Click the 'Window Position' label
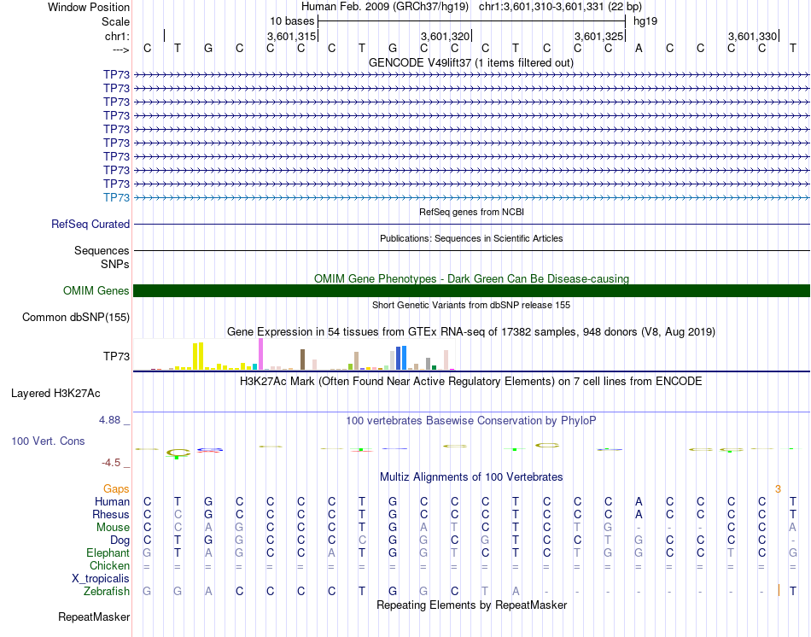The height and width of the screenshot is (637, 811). [x=89, y=7]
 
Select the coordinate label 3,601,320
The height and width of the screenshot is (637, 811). [x=446, y=36]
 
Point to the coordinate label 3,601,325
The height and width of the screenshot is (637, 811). [x=598, y=36]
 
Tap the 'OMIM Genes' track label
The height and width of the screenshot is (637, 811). [x=96, y=291]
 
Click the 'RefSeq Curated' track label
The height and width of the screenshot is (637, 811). [x=90, y=225]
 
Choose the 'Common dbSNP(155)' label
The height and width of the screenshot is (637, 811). [x=75, y=318]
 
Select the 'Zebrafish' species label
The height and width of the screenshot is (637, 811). [x=107, y=591]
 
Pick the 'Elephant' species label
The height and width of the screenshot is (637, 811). [x=108, y=553]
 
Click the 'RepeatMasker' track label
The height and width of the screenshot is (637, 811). [x=94, y=617]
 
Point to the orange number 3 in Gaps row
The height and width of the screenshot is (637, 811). [x=778, y=489]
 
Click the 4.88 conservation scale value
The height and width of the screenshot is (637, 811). [x=111, y=420]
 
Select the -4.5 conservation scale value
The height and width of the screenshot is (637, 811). [x=111, y=463]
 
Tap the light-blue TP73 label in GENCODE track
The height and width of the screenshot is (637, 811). [x=116, y=197]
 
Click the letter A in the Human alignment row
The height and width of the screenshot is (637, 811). [x=639, y=502]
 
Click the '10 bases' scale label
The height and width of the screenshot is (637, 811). [x=292, y=20]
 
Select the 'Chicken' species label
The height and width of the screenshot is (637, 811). [x=109, y=566]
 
